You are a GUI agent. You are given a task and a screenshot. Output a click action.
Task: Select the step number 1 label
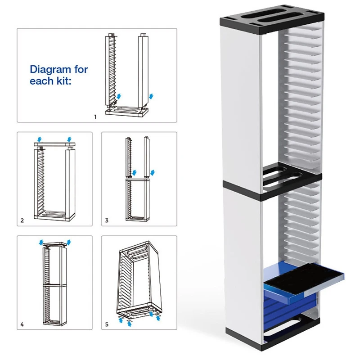95,117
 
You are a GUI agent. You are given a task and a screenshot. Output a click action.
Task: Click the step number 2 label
22,220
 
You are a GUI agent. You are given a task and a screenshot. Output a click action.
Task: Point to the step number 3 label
107,220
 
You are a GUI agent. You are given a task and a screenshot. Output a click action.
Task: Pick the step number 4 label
22,324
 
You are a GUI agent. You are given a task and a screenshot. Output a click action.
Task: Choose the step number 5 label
107,324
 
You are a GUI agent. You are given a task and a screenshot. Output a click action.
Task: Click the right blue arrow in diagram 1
151,96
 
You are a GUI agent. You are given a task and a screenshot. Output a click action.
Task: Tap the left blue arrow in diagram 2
39,138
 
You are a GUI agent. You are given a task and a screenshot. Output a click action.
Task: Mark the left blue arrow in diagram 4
42,243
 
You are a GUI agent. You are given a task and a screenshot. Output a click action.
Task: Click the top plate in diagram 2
54,144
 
